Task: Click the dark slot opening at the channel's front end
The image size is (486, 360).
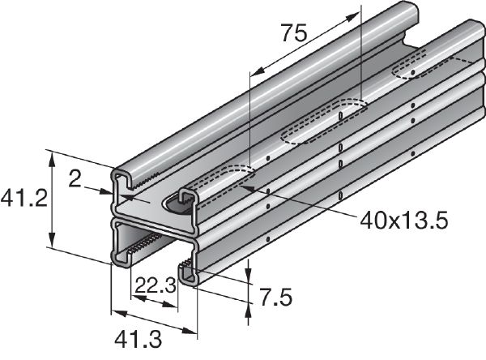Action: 179,203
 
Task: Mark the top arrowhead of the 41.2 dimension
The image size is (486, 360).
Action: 53,157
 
